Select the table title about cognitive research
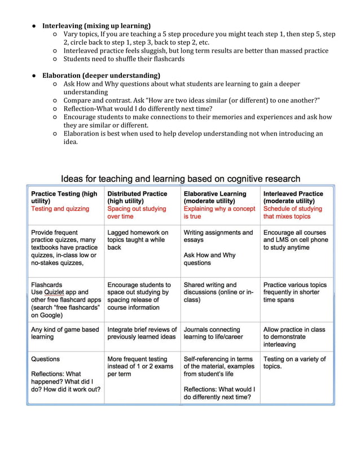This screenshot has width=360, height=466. coord(180,179)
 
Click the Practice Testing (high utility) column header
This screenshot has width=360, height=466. coord(64,197)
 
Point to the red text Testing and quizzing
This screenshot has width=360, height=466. coord(60,209)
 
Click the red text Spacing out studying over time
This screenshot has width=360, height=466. coord(137,212)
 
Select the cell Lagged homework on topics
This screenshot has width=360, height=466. coord(138,240)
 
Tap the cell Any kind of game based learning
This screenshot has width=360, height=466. coord(64,333)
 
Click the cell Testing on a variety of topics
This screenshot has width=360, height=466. coord(294,362)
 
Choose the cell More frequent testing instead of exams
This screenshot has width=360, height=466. coord(141,366)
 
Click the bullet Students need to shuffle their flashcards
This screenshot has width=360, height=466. coord(124,59)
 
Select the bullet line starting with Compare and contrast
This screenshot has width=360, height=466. coord(191,100)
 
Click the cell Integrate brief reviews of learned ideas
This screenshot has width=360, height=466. coord(142,333)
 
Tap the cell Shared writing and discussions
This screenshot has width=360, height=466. coord(219,292)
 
